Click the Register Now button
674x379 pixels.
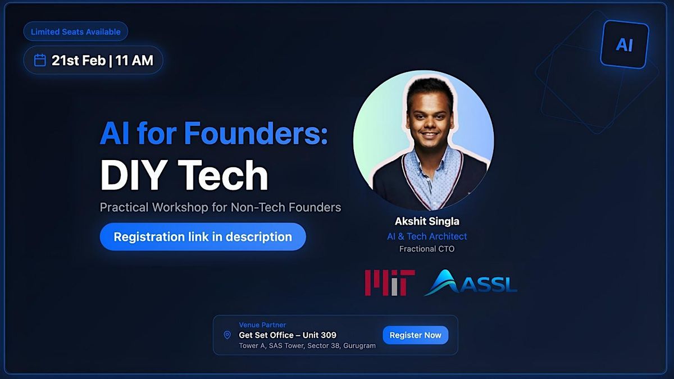[x=415, y=335]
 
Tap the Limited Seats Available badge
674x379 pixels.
[x=75, y=31]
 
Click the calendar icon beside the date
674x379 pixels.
[x=40, y=60]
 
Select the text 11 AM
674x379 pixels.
[x=134, y=60]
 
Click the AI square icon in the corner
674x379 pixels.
[x=625, y=44]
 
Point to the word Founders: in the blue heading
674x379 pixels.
[x=256, y=133]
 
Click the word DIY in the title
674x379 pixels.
[x=134, y=175]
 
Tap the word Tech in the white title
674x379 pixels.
[x=223, y=175]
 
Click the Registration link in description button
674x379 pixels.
[x=203, y=237]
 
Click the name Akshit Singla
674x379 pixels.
[x=427, y=221]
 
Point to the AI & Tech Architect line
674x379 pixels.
[x=427, y=236]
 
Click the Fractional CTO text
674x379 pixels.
[x=427, y=249]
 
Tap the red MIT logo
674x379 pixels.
[x=390, y=283]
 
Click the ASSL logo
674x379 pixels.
[x=471, y=282]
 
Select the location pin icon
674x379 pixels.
[x=227, y=335]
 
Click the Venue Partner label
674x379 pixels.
[x=262, y=325]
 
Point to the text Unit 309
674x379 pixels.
[x=320, y=335]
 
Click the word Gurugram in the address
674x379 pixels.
[x=359, y=346]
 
